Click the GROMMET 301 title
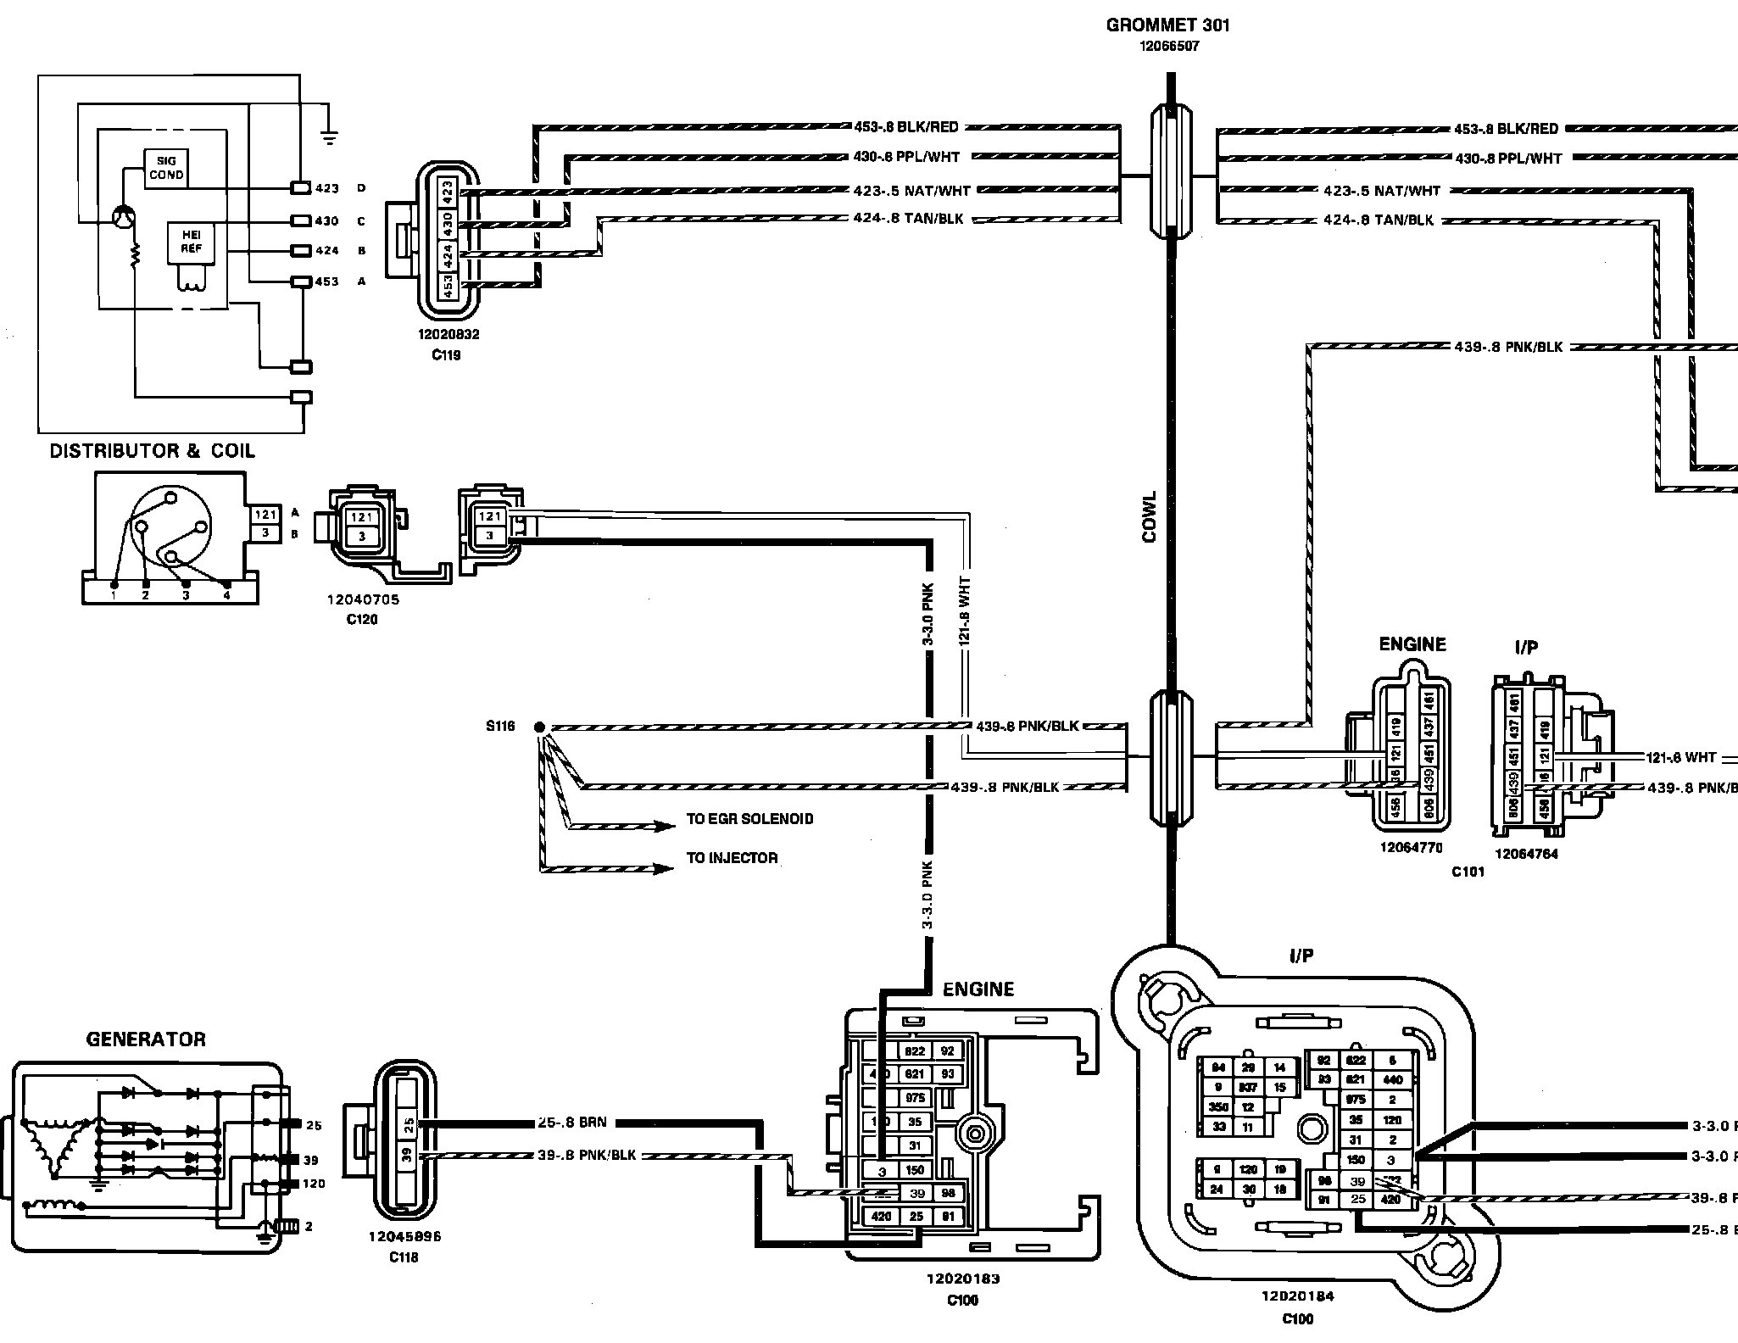tap(1167, 25)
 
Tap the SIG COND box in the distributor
tap(165, 168)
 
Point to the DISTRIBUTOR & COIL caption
tap(152, 451)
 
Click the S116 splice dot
tap(539, 727)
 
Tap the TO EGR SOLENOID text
tap(749, 819)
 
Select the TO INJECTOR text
tap(732, 858)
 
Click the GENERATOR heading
tap(146, 1039)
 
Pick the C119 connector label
tap(446, 355)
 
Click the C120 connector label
tap(362, 620)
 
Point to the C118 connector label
tap(404, 1257)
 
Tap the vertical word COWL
tap(1150, 516)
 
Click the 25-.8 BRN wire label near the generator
tap(572, 1123)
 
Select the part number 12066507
tap(1167, 47)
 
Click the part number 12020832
tap(448, 334)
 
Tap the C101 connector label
tap(1468, 871)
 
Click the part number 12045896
tap(404, 1236)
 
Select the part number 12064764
tap(1526, 854)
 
